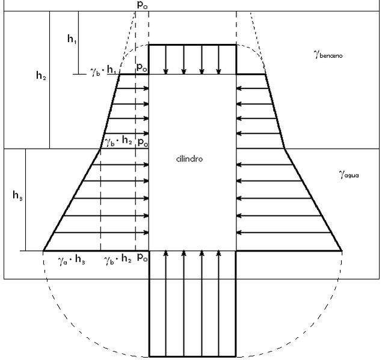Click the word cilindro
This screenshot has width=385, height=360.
pyautogui.click(x=189, y=159)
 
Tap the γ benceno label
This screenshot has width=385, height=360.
pyautogui.click(x=328, y=54)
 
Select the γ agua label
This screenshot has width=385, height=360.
pyautogui.click(x=349, y=175)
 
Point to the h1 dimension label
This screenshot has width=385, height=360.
pyautogui.click(x=72, y=39)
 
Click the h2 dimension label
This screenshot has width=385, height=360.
pyautogui.click(x=41, y=75)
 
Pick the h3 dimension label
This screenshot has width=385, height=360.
pyautogui.click(x=17, y=196)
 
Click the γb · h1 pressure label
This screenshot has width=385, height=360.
pyautogui.click(x=103, y=71)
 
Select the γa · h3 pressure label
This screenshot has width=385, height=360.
pyautogui.click(x=72, y=259)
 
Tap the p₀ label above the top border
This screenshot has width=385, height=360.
pyautogui.click(x=142, y=5)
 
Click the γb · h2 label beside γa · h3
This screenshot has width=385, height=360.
pyautogui.click(x=118, y=259)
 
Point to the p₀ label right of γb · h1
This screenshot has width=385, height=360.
pyautogui.click(x=142, y=67)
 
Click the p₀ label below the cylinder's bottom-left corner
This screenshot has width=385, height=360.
pyautogui.click(x=143, y=257)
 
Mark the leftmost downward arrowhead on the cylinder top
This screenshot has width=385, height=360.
pyautogui.click(x=166, y=72)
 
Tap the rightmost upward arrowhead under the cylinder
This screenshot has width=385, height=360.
pyautogui.click(x=219, y=253)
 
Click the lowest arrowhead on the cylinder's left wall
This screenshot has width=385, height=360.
pyautogui.click(x=146, y=232)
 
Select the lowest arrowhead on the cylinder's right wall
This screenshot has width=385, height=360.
pyautogui.click(x=239, y=232)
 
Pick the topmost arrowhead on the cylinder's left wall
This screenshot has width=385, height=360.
pyautogui.click(x=146, y=88)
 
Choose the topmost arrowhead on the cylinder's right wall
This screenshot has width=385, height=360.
pyautogui.click(x=239, y=88)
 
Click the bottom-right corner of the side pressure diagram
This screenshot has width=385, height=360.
pyautogui.click(x=342, y=250)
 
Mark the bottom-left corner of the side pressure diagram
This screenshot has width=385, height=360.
pyautogui.click(x=43, y=250)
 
